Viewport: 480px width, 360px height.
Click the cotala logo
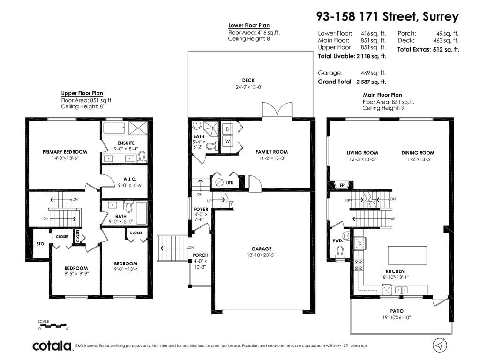[x=52, y=346]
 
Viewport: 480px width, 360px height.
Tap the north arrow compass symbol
[x=440, y=345]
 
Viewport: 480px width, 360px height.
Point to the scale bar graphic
[x=52, y=325]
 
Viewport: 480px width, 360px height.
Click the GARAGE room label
[x=262, y=249]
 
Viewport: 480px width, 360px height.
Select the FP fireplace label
[x=342, y=185]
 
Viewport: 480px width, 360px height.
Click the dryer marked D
[x=227, y=129]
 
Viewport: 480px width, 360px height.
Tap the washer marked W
[x=227, y=141]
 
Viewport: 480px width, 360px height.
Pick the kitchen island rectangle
[x=407, y=255]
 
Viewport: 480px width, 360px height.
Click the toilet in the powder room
[x=340, y=253]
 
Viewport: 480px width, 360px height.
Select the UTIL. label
[x=231, y=183]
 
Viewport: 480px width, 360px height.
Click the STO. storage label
[x=41, y=244]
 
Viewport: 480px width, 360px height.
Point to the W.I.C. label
[x=130, y=179]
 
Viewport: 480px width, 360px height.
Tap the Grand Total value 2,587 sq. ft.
[x=371, y=82]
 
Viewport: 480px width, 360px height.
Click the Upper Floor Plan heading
[x=82, y=93]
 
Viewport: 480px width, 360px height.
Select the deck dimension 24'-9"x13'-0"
[x=249, y=87]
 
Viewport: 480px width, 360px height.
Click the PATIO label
[x=397, y=311]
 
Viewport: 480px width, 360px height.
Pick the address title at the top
[x=387, y=16]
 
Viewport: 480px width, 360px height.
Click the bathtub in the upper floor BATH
[x=141, y=213]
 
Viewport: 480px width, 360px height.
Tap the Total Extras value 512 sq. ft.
[x=446, y=50]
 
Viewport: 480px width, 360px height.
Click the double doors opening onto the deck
[x=277, y=110]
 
